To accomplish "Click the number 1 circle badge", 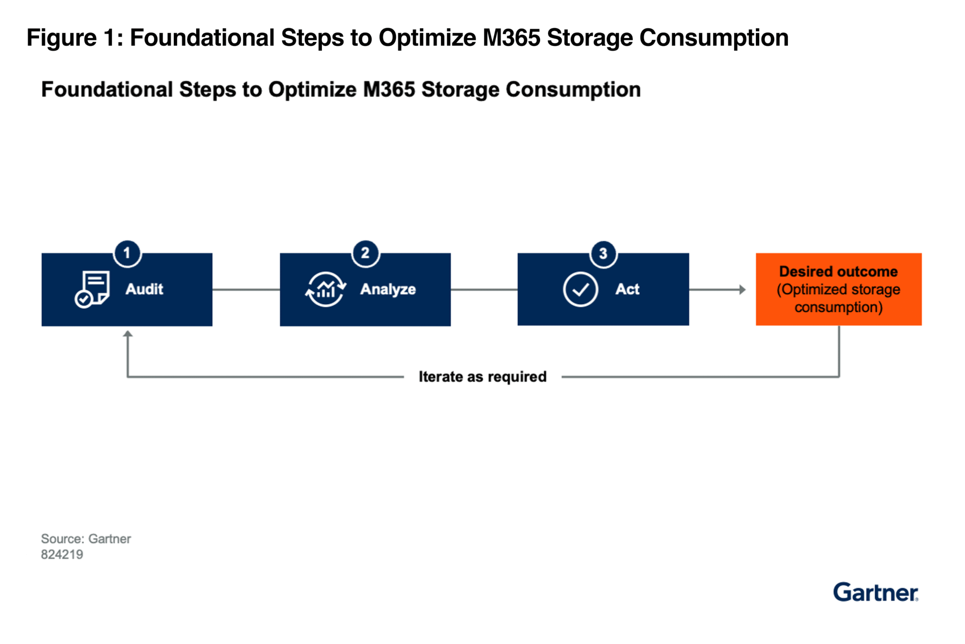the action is point(127,253).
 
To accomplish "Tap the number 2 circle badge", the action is point(365,253).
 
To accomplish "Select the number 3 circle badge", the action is point(603,254).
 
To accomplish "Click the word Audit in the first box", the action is point(144,289).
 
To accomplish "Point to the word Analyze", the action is point(388,289).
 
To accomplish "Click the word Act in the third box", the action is point(627,289).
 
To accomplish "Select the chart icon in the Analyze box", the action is point(326,289).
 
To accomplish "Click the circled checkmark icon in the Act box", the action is point(581,290).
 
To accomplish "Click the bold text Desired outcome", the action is point(838,272).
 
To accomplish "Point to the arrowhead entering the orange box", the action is point(743,290).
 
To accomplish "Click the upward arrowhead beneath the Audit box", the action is point(127,334).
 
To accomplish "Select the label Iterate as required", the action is point(482,377).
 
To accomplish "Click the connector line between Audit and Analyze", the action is point(246,290).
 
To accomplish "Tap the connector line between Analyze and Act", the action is point(484,290).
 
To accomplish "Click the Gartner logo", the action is point(875,592).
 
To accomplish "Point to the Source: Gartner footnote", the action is point(86,539).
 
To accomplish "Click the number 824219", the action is point(62,555).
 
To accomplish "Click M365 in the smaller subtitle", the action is point(389,89).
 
